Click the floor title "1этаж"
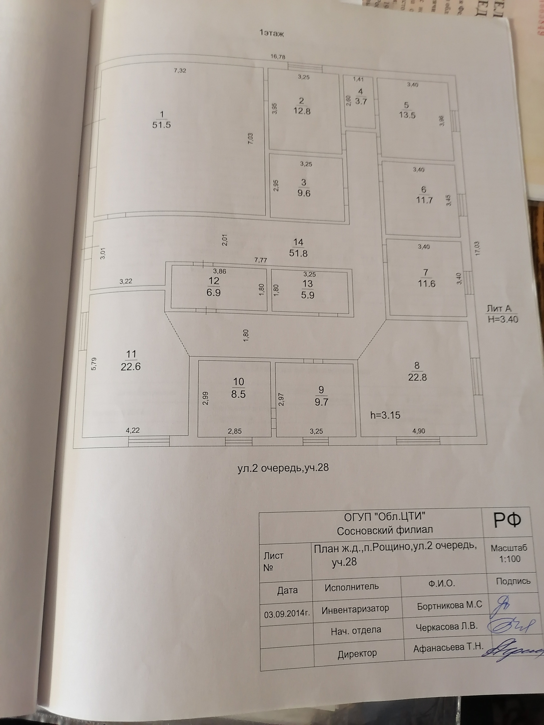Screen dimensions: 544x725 pyautogui.click(x=271, y=33)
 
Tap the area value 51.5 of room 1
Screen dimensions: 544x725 pyautogui.click(x=161, y=125)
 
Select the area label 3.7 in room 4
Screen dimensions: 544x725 pyautogui.click(x=361, y=101)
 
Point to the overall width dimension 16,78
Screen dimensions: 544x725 pyautogui.click(x=278, y=57)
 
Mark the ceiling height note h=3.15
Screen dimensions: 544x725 pyautogui.click(x=385, y=415)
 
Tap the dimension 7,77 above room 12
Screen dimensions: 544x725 pyautogui.click(x=261, y=260)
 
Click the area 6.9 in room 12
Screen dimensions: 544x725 pyautogui.click(x=213, y=292)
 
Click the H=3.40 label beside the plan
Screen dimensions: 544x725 pyautogui.click(x=503, y=319)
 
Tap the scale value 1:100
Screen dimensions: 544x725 pyautogui.click(x=510, y=558)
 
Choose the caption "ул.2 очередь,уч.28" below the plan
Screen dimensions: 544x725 pyautogui.click(x=283, y=468)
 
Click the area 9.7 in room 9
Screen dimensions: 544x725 pyautogui.click(x=321, y=402)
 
